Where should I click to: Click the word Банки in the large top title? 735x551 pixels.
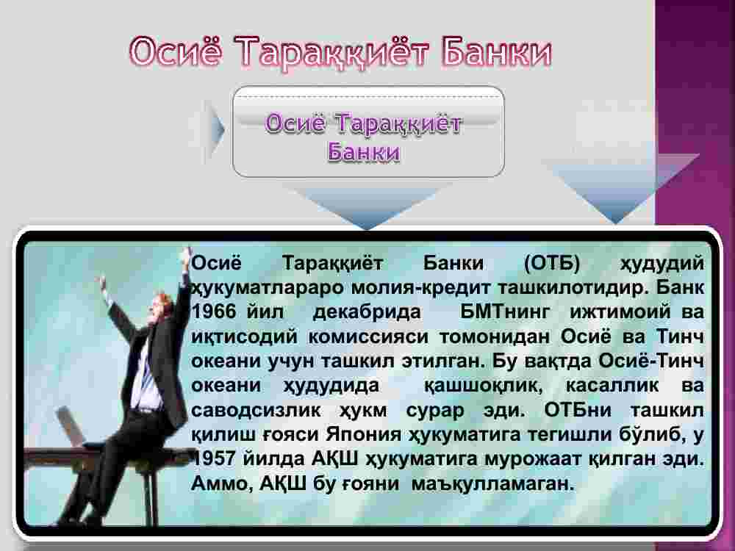(496, 51)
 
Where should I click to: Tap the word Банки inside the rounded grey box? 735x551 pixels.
(364, 151)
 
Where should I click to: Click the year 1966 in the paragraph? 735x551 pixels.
(214, 312)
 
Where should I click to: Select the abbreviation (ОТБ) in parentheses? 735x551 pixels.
(552, 263)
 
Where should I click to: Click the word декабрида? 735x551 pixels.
(367, 312)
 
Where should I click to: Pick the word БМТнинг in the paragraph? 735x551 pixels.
(504, 312)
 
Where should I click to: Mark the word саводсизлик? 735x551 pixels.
(256, 411)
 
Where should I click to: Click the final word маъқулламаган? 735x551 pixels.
(492, 483)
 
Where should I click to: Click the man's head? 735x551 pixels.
(161, 309)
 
